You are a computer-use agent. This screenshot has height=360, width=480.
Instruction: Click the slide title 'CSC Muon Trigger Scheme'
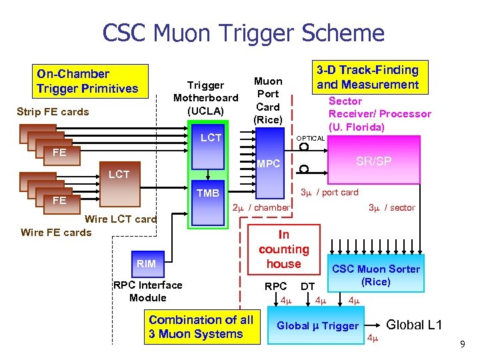click(243, 33)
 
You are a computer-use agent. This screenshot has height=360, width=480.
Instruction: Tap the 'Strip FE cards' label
click(53, 112)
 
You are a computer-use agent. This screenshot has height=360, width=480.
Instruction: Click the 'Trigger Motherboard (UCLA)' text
click(205, 97)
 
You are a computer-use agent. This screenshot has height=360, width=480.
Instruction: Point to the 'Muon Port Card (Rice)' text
click(268, 100)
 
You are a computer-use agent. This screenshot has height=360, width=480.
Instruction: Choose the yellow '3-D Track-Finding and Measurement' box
click(367, 77)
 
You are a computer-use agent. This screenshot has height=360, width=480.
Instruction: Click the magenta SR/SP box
click(373, 162)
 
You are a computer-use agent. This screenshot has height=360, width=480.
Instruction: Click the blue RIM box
click(146, 263)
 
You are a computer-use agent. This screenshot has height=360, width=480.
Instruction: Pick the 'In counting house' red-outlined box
click(284, 249)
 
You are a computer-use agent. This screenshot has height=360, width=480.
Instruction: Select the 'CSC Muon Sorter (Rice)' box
click(376, 275)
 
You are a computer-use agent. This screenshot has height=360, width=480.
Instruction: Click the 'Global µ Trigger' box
click(318, 326)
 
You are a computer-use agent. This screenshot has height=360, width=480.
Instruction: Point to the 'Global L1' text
click(414, 325)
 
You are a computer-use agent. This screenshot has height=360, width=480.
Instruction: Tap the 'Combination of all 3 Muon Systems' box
click(201, 327)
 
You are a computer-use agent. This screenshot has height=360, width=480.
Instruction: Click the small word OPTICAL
click(310, 139)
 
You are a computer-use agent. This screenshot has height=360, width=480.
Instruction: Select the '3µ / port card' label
click(329, 193)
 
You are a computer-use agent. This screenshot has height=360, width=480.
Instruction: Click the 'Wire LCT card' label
click(121, 219)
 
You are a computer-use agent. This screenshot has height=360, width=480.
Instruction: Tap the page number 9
click(461, 344)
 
